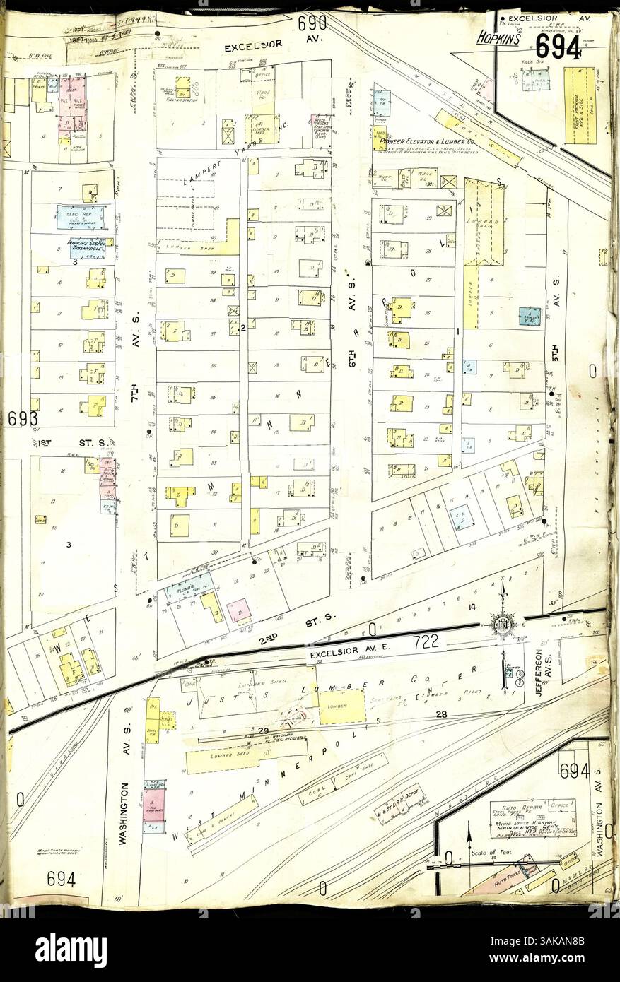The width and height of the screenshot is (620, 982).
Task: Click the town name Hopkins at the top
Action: pyautogui.click(x=498, y=39)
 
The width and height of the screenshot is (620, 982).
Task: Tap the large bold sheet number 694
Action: pyautogui.click(x=558, y=47)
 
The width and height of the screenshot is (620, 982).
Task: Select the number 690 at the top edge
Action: pyautogui.click(x=312, y=24)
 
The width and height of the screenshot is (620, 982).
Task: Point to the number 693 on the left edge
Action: pyautogui.click(x=23, y=418)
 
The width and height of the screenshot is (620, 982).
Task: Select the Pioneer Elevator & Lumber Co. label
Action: pyautogui.click(x=426, y=141)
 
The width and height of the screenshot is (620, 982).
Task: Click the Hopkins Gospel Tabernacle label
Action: pyautogui.click(x=86, y=247)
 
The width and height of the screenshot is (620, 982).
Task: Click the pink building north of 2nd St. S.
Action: pyautogui.click(x=239, y=609)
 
